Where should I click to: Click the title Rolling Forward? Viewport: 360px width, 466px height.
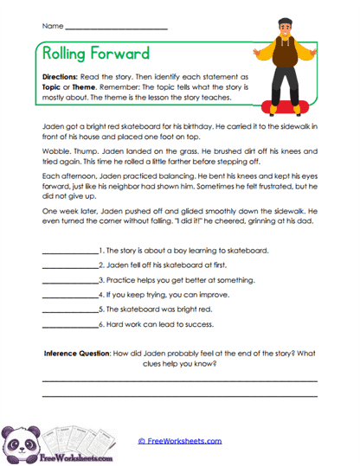tap(94, 54)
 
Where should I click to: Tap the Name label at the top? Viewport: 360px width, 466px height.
tap(50, 27)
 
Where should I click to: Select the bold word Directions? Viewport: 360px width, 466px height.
tap(60, 75)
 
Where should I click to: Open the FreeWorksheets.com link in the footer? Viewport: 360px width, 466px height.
tap(180, 441)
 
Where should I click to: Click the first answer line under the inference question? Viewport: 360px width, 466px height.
tap(179, 380)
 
